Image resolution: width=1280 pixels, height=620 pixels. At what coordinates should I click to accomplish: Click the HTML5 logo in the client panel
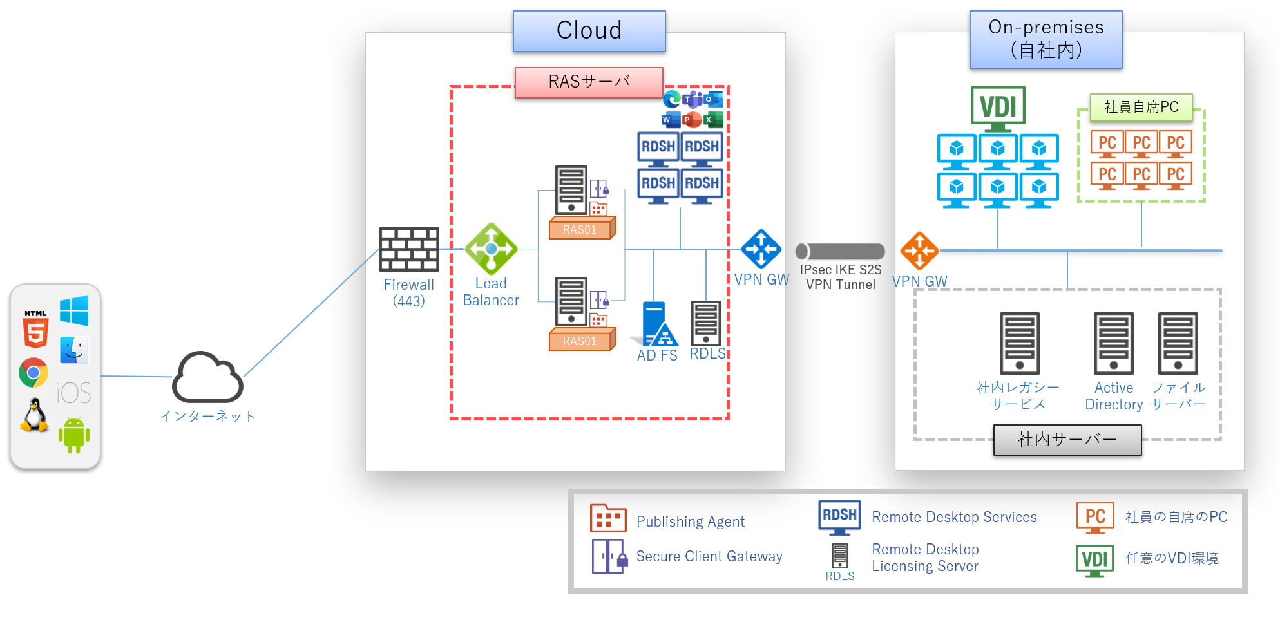click(x=35, y=329)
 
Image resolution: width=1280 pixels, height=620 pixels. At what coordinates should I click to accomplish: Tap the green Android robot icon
click(x=74, y=435)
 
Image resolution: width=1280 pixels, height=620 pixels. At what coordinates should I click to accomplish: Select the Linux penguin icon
click(x=35, y=415)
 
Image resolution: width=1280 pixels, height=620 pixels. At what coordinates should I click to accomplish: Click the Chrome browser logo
click(x=33, y=373)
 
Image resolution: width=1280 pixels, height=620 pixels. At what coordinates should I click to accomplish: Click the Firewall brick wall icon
click(x=409, y=249)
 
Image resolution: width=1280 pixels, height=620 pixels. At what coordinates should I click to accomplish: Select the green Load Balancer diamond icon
click(x=491, y=249)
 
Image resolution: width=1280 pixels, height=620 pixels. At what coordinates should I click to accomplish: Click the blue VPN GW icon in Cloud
click(x=761, y=249)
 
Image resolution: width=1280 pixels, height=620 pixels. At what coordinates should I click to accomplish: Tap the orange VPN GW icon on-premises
click(x=919, y=250)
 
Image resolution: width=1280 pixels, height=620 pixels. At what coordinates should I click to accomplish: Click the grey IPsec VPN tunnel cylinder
click(x=840, y=251)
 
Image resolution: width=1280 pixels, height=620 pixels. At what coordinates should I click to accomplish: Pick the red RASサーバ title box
click(x=589, y=82)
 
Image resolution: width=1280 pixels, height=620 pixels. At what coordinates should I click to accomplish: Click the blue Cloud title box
click(x=589, y=31)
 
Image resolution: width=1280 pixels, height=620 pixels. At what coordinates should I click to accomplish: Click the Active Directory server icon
click(x=1113, y=344)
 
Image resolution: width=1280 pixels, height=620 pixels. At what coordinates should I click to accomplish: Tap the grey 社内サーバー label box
click(x=1067, y=440)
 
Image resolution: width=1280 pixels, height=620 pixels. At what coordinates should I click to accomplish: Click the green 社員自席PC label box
click(x=1141, y=108)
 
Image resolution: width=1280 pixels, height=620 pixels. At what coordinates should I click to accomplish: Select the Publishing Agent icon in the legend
click(x=607, y=518)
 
